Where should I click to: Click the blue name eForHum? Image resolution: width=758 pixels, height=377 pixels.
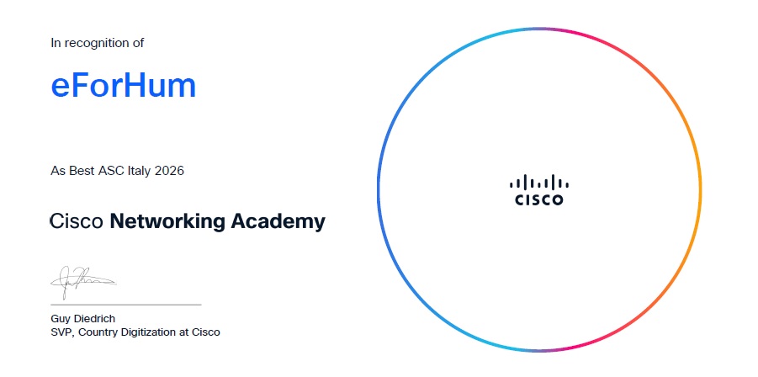pos(124,86)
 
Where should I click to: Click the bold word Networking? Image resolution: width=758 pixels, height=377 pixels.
pos(167,222)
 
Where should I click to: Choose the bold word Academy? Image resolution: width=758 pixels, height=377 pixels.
pos(278,222)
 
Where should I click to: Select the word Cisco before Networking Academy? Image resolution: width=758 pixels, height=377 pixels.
pos(77,222)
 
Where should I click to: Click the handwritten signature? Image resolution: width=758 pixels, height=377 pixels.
pos(83,281)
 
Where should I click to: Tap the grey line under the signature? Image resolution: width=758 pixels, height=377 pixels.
pos(125,305)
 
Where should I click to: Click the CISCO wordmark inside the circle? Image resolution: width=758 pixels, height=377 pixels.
pos(539,199)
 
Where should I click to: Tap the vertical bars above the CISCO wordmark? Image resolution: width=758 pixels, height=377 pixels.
pos(539,183)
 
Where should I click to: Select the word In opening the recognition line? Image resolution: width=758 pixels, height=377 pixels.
pos(56,43)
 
